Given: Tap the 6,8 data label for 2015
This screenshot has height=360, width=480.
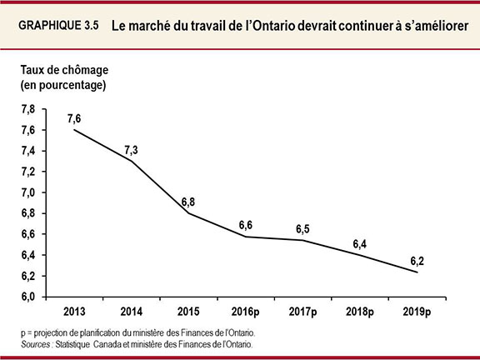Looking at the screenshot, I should point(189,201).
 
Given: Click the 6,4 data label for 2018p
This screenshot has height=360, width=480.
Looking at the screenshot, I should point(360,243).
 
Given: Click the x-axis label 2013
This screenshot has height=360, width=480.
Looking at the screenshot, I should point(75,312).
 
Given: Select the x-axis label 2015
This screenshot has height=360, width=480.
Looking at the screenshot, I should point(189,312).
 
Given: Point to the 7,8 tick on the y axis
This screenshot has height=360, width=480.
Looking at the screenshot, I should point(27,109).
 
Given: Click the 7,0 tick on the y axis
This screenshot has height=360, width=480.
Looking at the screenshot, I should point(27,192).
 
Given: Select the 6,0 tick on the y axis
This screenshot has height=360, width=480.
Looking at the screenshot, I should point(27,297).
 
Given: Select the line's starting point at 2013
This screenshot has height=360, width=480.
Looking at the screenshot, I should point(75,130).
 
